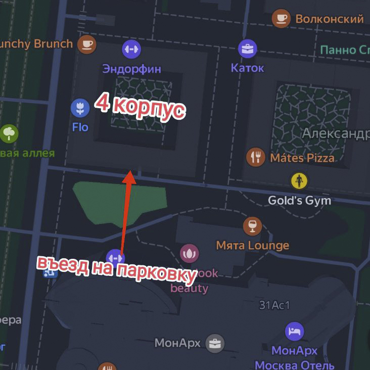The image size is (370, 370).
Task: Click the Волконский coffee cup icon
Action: pos(281,19)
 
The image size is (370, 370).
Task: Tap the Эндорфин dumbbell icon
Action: pos(131,49)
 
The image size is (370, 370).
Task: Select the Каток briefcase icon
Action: pos(248,49)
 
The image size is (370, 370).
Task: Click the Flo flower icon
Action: pos(80,107)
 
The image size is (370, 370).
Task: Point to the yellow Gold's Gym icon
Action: pos(299,180)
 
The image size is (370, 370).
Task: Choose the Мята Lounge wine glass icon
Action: pos(252,225)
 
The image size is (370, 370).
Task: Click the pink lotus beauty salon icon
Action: pos(190,253)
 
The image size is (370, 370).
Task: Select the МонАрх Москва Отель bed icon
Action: pos(294,332)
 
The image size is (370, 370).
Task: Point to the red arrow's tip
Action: pos(130,172)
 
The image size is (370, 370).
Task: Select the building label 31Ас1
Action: pos(274,305)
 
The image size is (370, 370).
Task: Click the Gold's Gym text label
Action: pos(299,200)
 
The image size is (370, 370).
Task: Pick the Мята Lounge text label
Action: pos(252,246)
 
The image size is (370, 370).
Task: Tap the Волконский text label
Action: pos(329,19)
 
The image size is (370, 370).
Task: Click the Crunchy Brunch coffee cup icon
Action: pos(87,44)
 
